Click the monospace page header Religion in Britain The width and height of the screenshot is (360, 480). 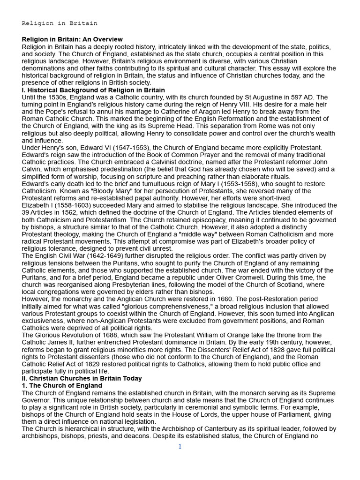(x=60, y=23)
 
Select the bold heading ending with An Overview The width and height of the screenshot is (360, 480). (x=72, y=39)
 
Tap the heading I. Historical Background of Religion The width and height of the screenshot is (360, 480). (x=93, y=90)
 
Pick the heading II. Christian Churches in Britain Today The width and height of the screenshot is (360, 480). (x=82, y=378)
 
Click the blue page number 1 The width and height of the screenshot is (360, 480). (x=180, y=447)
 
